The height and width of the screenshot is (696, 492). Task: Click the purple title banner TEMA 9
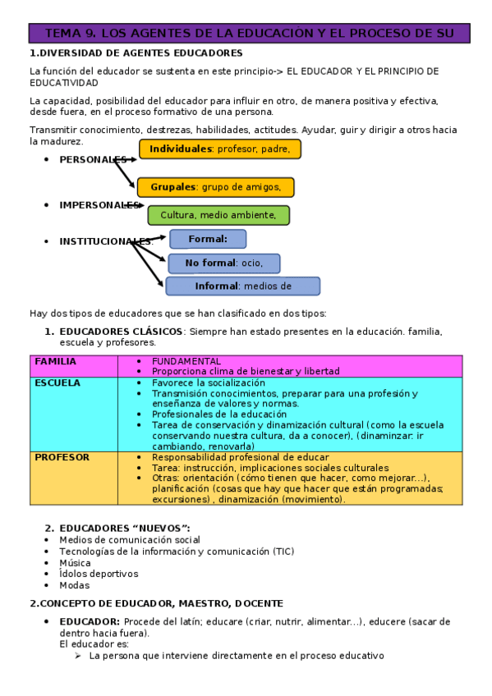(250, 34)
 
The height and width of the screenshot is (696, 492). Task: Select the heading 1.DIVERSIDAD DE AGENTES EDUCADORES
(136, 53)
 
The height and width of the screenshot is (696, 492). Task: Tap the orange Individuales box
(219, 149)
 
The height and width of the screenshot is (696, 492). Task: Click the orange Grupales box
(215, 187)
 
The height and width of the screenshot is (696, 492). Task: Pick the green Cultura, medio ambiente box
(218, 215)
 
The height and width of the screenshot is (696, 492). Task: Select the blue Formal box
(208, 239)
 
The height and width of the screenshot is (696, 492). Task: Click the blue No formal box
(223, 263)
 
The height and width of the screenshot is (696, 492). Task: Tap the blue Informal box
(242, 286)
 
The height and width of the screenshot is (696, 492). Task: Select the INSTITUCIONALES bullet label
(105, 241)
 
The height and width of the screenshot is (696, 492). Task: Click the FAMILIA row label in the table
(56, 361)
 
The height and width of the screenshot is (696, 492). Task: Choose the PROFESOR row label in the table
(62, 457)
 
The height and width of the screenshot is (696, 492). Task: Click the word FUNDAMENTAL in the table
(186, 361)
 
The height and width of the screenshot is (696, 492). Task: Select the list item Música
(76, 563)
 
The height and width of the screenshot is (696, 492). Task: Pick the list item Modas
(74, 585)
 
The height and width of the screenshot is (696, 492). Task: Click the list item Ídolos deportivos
(99, 574)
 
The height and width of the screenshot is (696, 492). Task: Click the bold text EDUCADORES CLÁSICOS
(121, 332)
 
